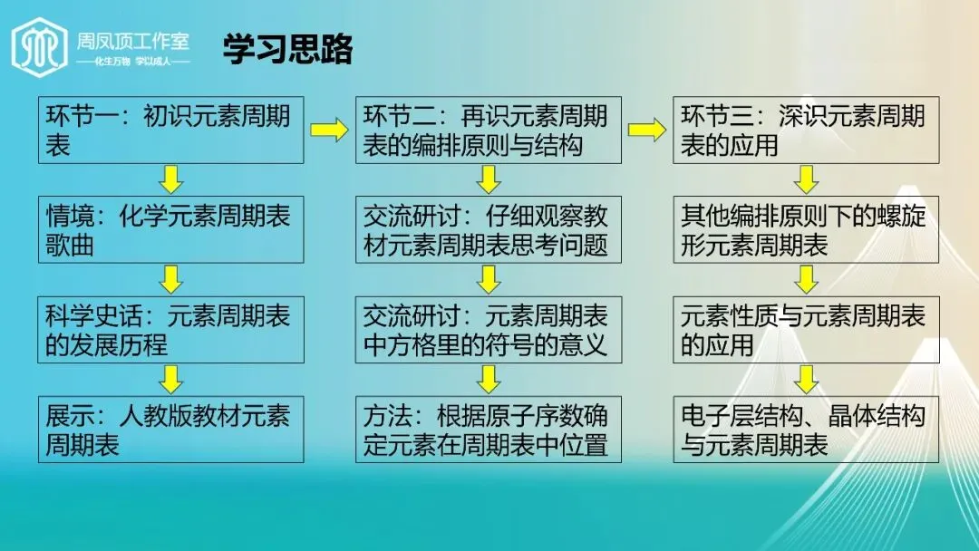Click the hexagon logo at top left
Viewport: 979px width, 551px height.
pos(39,45)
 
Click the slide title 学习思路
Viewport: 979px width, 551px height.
pos(287,49)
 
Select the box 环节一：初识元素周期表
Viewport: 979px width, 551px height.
pos(170,130)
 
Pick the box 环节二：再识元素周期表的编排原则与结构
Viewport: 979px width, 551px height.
pos(488,130)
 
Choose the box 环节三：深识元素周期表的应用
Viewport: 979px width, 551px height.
pos(806,130)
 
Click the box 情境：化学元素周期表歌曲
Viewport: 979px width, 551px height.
pos(170,229)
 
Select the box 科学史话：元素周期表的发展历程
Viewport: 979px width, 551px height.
pos(170,329)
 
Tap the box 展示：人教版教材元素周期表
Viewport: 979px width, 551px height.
pos(170,429)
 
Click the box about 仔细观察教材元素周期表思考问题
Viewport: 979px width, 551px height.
pos(488,229)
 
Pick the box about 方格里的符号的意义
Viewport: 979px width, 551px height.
pos(488,329)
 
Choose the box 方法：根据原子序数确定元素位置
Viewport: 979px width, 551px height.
pos(488,429)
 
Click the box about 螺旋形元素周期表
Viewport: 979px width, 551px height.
pos(806,229)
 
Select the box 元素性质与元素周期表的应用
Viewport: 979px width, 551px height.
pos(806,329)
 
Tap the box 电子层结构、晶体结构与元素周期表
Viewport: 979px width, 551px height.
pos(806,429)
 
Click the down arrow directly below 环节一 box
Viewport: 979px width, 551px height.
pos(170,179)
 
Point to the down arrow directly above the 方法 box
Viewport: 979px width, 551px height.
pos(489,379)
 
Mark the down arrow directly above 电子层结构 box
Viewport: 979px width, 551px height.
pos(806,379)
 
